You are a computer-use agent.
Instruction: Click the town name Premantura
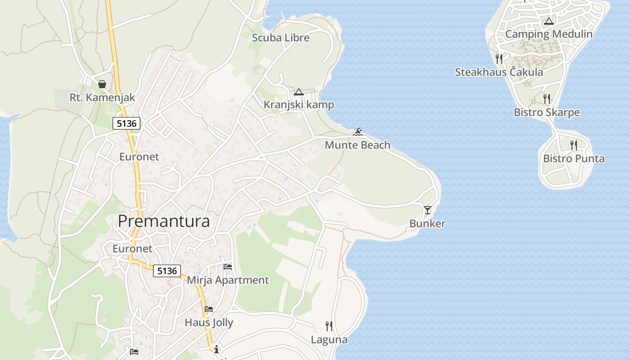tap(164, 221)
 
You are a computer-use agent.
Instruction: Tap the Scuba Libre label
tap(281, 38)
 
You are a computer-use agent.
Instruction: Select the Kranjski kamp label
tap(299, 105)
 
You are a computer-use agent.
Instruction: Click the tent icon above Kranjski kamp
tap(298, 92)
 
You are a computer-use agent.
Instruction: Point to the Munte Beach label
tap(357, 145)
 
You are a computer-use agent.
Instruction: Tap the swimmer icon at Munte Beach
tap(358, 132)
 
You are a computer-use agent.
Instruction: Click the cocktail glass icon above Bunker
tap(427, 210)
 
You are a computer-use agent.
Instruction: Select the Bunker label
tap(427, 224)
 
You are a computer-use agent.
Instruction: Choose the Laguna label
tap(329, 340)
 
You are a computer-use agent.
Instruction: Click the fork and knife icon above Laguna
tap(329, 326)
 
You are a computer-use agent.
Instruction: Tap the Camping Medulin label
tap(549, 34)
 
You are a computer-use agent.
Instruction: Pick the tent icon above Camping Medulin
tap(549, 21)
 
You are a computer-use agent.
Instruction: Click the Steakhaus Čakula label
tap(499, 72)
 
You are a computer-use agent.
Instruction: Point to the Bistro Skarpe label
tap(547, 112)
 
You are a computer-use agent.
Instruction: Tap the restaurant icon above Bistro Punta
tap(573, 145)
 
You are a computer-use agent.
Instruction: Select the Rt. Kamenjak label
tap(102, 97)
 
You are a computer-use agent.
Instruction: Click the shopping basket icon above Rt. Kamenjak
tap(102, 84)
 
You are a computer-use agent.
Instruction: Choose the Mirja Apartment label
tap(228, 280)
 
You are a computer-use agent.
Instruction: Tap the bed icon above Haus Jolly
tap(209, 309)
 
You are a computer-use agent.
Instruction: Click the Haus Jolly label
tap(209, 323)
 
